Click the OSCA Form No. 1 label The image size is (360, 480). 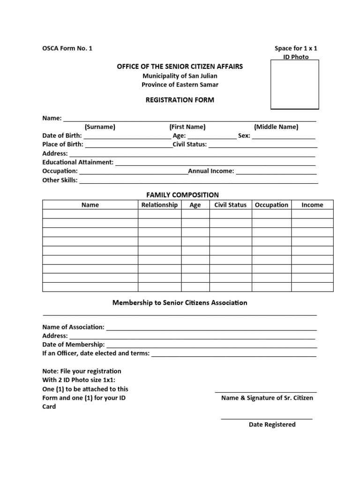(x=67, y=48)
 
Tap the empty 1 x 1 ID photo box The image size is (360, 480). (x=294, y=85)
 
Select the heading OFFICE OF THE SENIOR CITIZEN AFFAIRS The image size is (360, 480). (x=180, y=67)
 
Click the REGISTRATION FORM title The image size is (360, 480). (x=180, y=100)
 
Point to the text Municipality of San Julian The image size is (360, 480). (x=180, y=75)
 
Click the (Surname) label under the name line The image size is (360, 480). (x=100, y=127)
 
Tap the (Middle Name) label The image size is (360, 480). (x=276, y=127)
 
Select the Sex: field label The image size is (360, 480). (x=244, y=135)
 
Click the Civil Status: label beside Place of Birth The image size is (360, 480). (x=189, y=144)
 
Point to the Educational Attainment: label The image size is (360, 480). (x=78, y=162)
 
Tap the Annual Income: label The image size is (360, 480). (x=211, y=171)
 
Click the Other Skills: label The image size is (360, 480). (x=60, y=180)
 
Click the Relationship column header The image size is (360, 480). (x=159, y=205)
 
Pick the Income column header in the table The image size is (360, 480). (x=312, y=205)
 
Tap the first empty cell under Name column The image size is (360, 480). (x=90, y=214)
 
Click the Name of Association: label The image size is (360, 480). (x=74, y=327)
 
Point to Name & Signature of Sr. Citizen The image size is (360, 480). (x=267, y=398)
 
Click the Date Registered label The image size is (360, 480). (x=272, y=425)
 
